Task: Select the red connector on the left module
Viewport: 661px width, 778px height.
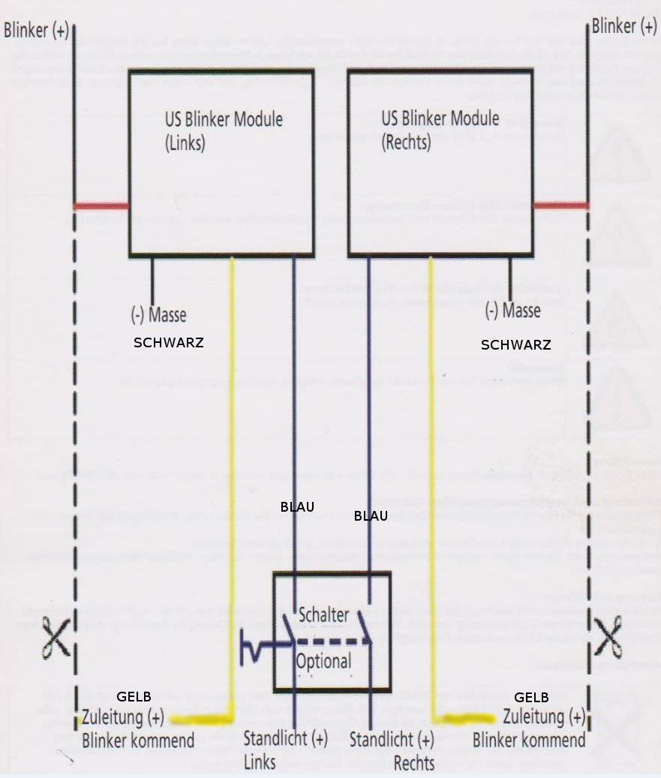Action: point(101,206)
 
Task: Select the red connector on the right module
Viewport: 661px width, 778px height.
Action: point(560,205)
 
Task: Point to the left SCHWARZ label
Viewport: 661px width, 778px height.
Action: point(168,341)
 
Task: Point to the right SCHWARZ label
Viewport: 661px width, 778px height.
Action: point(515,345)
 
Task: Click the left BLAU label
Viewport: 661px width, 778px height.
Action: point(297,506)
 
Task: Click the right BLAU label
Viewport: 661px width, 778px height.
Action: point(371,515)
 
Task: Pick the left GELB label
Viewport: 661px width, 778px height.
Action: point(134,697)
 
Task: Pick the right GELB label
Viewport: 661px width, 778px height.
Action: point(531,697)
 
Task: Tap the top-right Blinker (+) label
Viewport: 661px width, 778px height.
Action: point(623,27)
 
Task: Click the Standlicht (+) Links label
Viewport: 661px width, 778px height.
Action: point(285,749)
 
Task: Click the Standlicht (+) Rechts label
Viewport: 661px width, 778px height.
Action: point(392,749)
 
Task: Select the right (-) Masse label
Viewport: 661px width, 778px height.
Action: point(512,309)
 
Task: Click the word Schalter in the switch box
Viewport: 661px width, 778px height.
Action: point(323,614)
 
